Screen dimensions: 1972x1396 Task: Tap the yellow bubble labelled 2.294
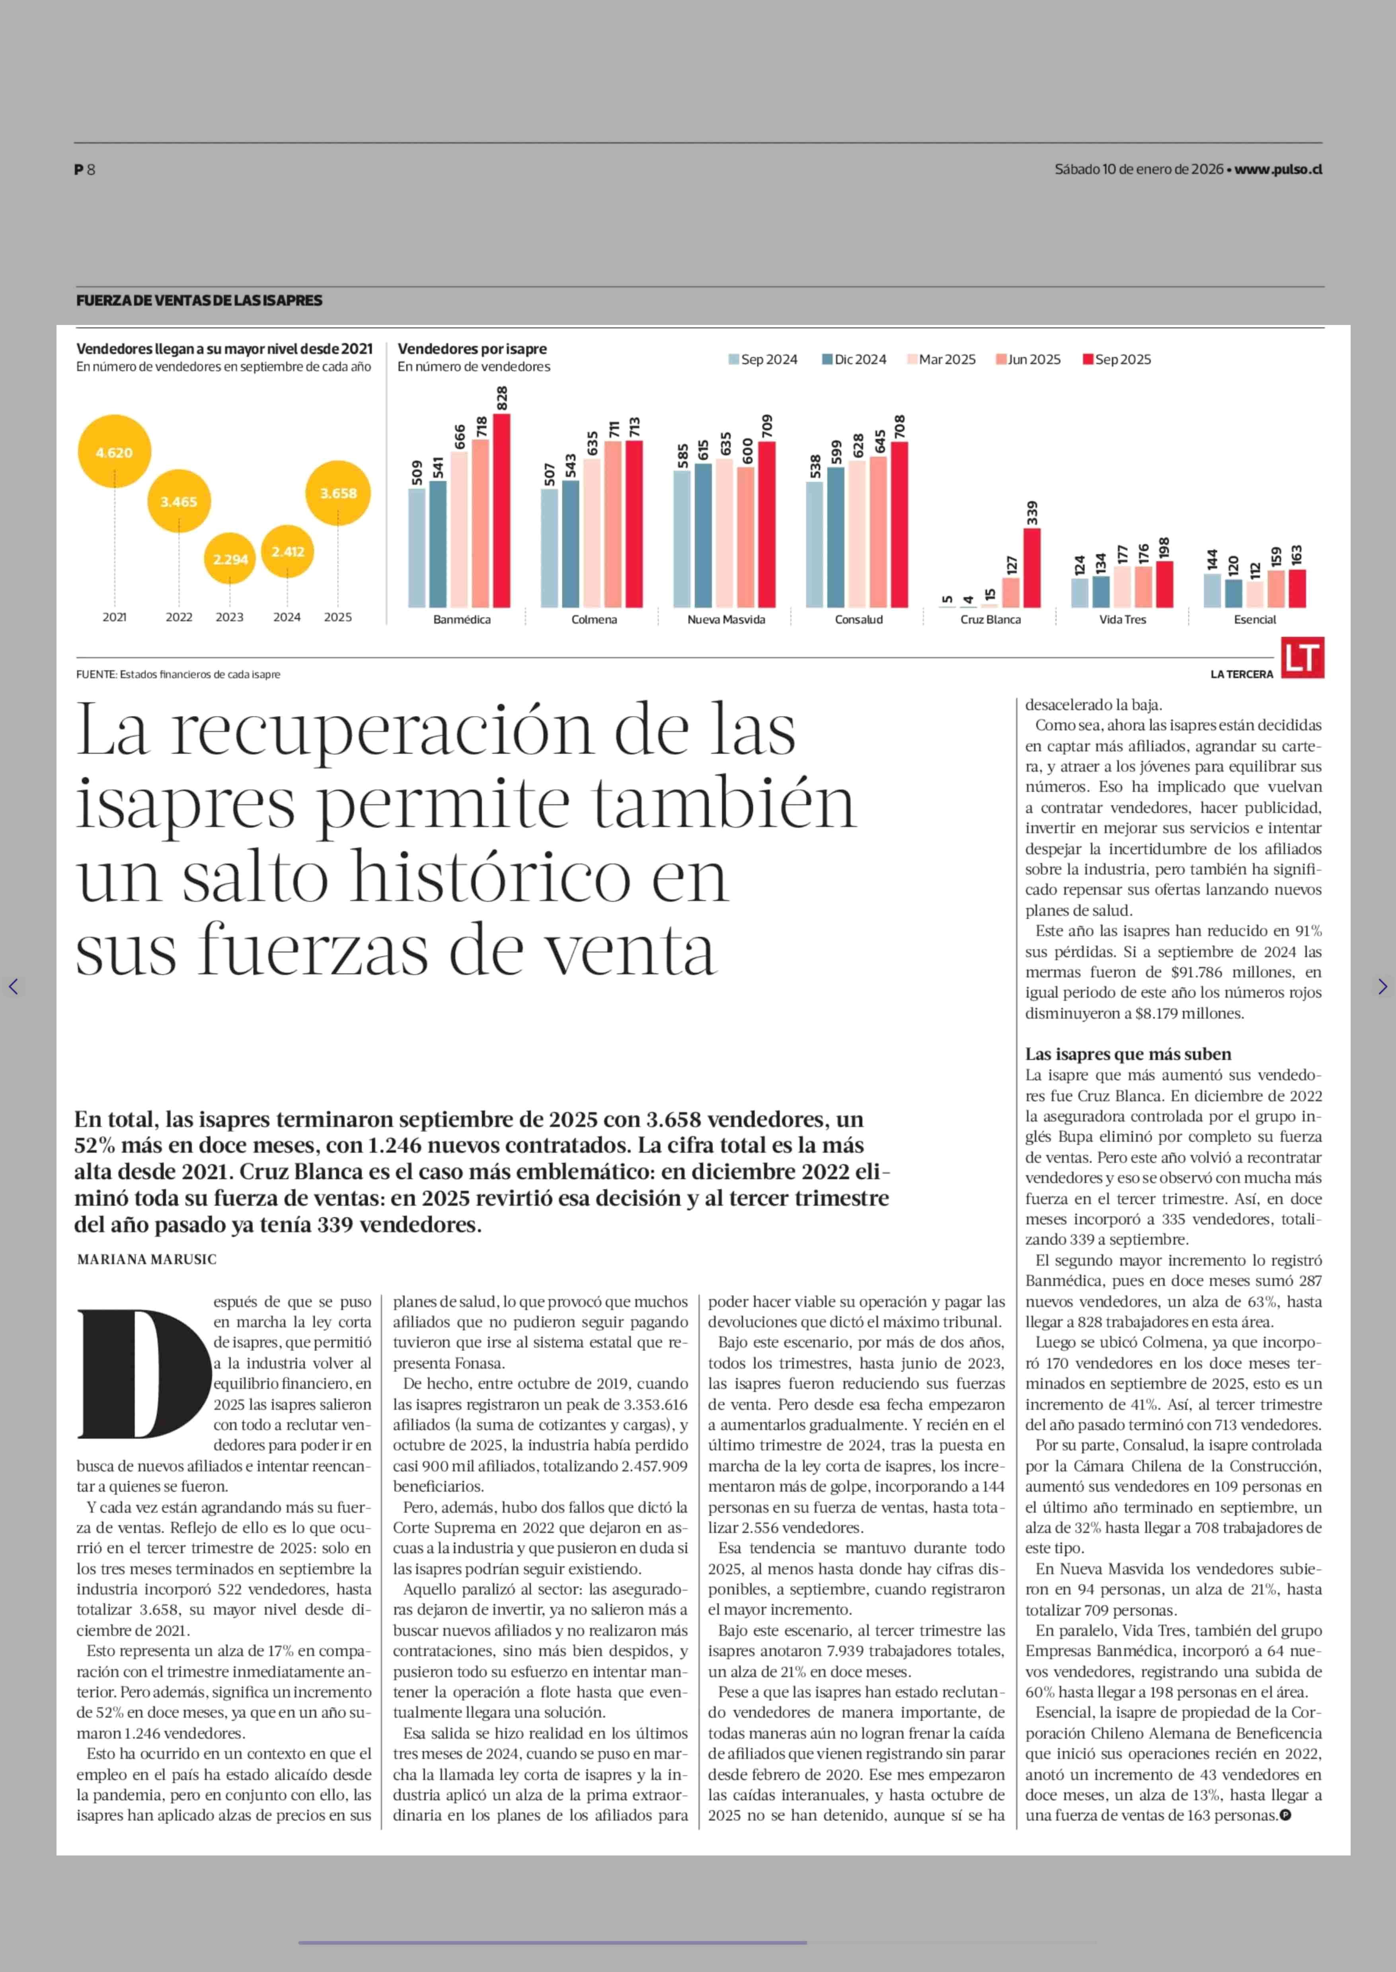[x=230, y=558]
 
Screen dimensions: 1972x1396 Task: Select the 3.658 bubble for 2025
[x=338, y=493]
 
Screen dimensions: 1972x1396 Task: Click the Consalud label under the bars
[x=858, y=620]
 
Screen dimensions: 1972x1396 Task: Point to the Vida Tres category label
[x=1123, y=620]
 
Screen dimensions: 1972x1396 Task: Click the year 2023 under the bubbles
[x=230, y=617]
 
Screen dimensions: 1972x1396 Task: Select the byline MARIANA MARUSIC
[x=147, y=1260]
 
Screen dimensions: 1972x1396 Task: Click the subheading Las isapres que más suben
[x=1128, y=1054]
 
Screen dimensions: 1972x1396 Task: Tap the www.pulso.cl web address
[x=1278, y=169]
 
